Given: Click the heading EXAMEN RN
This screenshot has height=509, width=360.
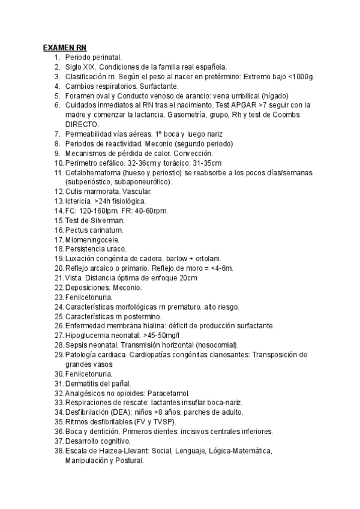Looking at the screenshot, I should [x=65, y=47].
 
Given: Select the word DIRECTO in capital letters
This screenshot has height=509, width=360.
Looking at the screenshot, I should [x=82, y=124].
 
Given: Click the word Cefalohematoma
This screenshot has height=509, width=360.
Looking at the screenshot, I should [x=93, y=172].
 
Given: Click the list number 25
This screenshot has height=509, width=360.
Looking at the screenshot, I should [x=58, y=316].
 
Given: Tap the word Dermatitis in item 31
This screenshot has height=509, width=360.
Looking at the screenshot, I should [x=83, y=384].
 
